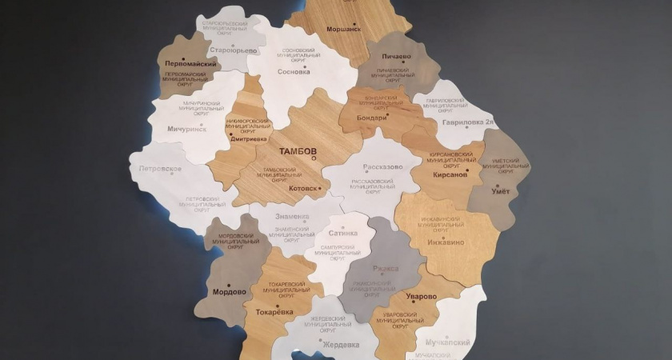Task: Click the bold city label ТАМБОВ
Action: click(x=298, y=150)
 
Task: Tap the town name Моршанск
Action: click(x=343, y=29)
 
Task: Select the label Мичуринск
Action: click(x=186, y=129)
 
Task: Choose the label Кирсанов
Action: click(x=450, y=174)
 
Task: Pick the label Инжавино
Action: click(x=446, y=242)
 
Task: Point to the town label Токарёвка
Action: click(x=274, y=312)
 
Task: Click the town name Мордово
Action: click(x=230, y=293)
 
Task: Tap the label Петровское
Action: click(x=160, y=170)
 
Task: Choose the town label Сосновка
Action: click(x=293, y=71)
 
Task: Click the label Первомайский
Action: click(x=190, y=63)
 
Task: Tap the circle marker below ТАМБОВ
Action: click(x=314, y=159)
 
